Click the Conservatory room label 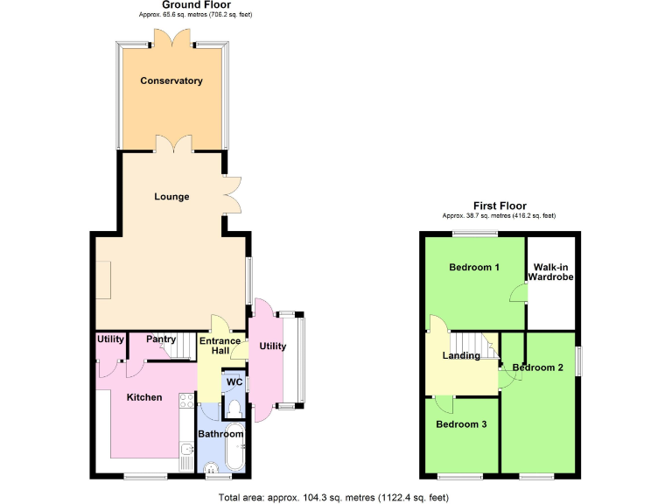171,81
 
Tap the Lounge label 171,197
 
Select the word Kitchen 144,397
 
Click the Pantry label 161,339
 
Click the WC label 234,382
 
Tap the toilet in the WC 234,408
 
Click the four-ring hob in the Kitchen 185,402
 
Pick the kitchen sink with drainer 186,455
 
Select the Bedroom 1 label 474,267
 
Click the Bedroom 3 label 461,424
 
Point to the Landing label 461,355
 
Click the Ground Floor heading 196,5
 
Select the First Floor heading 500,206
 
